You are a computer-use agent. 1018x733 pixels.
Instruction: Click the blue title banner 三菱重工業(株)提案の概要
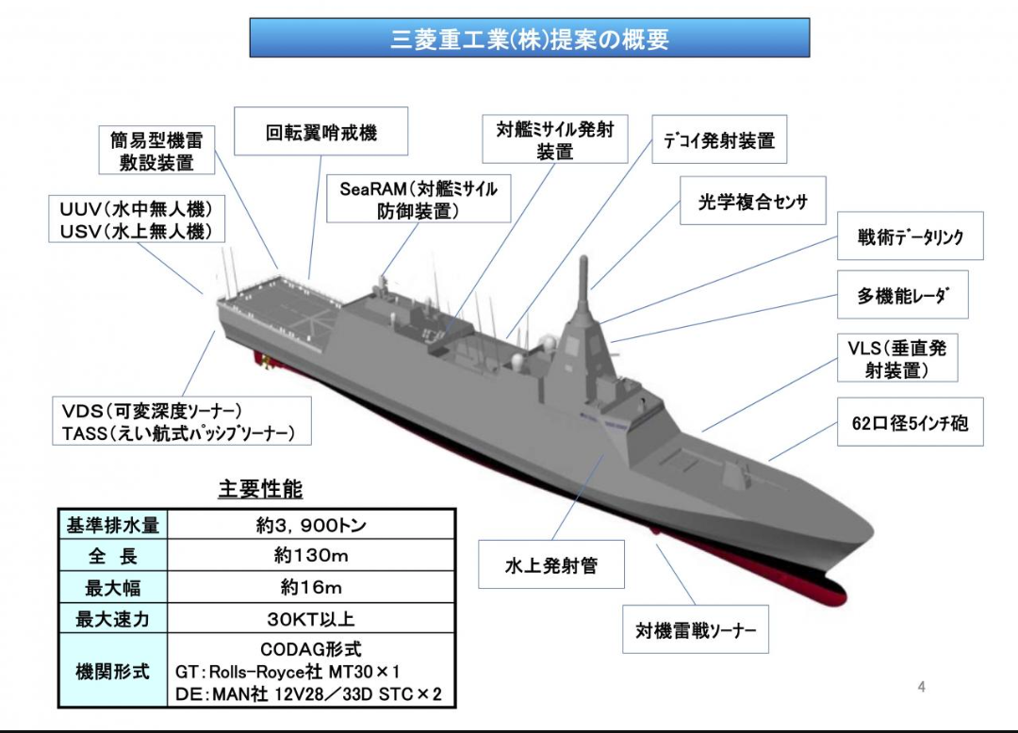pos(529,39)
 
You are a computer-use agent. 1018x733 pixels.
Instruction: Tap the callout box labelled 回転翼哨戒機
pos(320,131)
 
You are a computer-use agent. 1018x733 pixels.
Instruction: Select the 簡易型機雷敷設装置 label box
pos(156,151)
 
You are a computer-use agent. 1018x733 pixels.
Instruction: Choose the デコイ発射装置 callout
pos(719,140)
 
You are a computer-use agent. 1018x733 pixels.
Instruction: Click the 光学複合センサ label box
pos(752,201)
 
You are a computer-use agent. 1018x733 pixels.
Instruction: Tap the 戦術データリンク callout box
pos(911,236)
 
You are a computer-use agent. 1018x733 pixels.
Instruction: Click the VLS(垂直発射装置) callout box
pos(896,358)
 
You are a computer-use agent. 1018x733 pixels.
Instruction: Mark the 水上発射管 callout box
pos(551,565)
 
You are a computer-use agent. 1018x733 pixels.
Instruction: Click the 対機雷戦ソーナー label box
pos(696,630)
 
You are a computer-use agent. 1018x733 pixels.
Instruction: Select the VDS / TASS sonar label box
pos(179,421)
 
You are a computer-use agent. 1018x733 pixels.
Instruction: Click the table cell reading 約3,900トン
pos(311,525)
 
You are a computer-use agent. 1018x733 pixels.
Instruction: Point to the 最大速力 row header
pos(112,619)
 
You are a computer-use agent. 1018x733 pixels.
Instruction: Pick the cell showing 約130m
pos(311,556)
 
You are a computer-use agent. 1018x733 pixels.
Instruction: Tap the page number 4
pos(921,687)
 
